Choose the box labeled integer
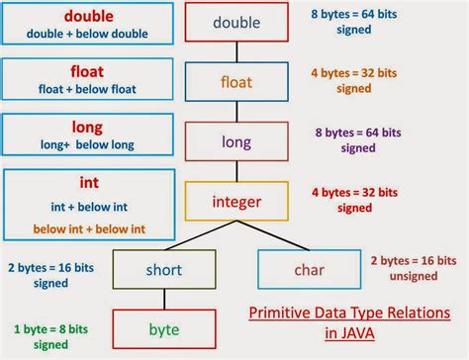[235, 202]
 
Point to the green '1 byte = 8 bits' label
[49, 327]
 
